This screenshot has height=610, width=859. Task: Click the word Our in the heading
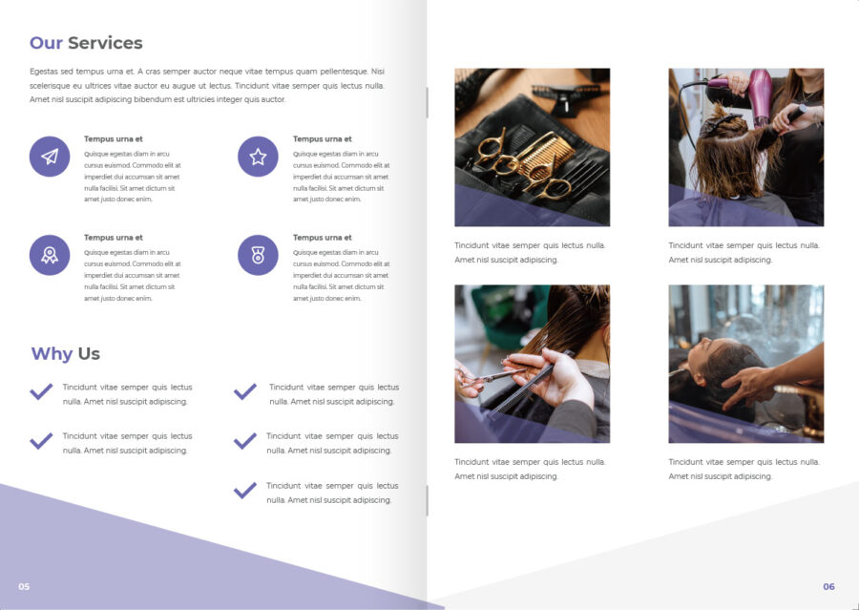coord(46,43)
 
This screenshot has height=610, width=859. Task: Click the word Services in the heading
coord(105,43)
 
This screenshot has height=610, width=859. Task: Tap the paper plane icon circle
coord(50,157)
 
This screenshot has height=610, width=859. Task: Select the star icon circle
coord(258,157)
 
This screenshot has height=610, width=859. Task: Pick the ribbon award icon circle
coord(50,256)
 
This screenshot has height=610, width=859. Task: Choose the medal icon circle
coord(258,256)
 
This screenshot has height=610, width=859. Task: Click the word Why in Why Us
coord(52,354)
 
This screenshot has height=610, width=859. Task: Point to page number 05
coord(24,586)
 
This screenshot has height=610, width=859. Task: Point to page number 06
coord(828,586)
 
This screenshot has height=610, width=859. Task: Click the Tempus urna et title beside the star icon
coord(323,139)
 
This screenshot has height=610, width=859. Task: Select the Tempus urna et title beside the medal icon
coord(323,238)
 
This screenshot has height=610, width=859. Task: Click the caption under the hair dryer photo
coord(744,253)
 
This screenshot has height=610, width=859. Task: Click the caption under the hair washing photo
coord(744,469)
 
